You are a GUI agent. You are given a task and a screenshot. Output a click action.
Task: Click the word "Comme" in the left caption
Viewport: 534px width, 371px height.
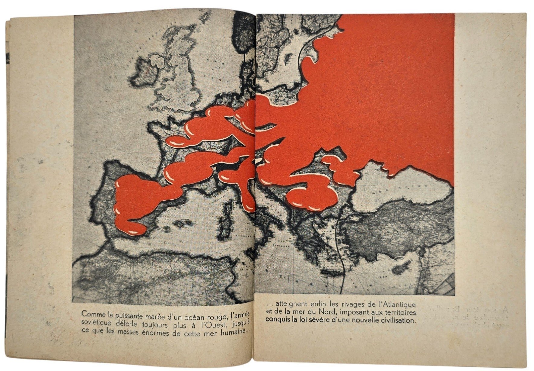91,314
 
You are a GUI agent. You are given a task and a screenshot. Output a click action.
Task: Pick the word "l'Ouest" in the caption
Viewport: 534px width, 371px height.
211,324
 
